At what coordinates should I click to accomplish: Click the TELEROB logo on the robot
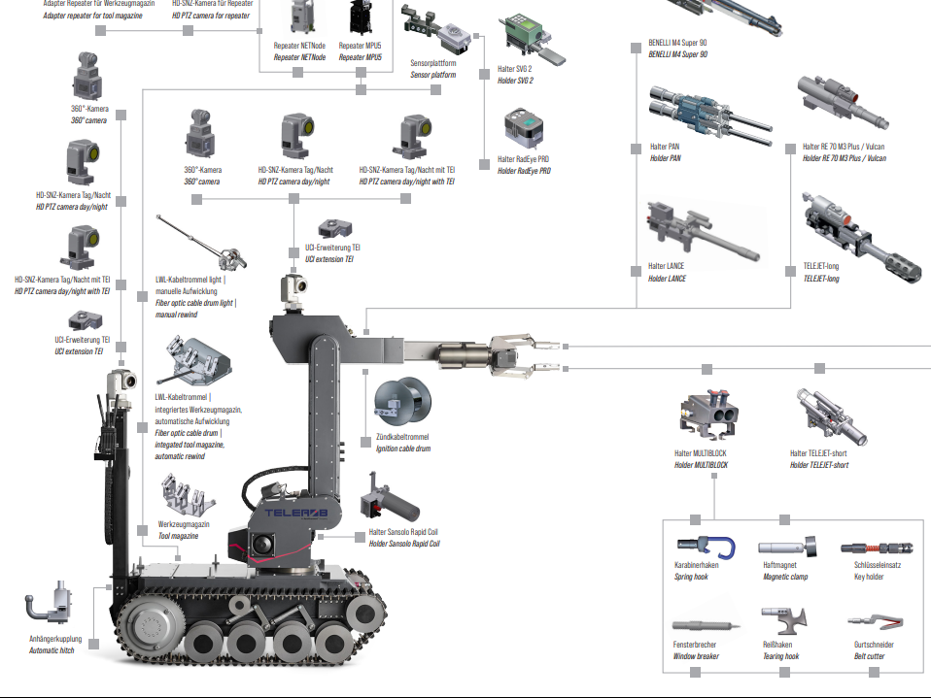pyautogui.click(x=291, y=512)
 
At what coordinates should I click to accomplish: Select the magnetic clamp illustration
pyautogui.click(x=783, y=548)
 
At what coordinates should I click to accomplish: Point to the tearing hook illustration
pyautogui.click(x=783, y=618)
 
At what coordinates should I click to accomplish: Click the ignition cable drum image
pyautogui.click(x=399, y=403)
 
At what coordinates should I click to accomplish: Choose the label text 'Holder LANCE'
pyautogui.click(x=668, y=279)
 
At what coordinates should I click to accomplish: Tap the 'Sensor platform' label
pyautogui.click(x=432, y=75)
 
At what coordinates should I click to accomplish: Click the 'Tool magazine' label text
pyautogui.click(x=178, y=536)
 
